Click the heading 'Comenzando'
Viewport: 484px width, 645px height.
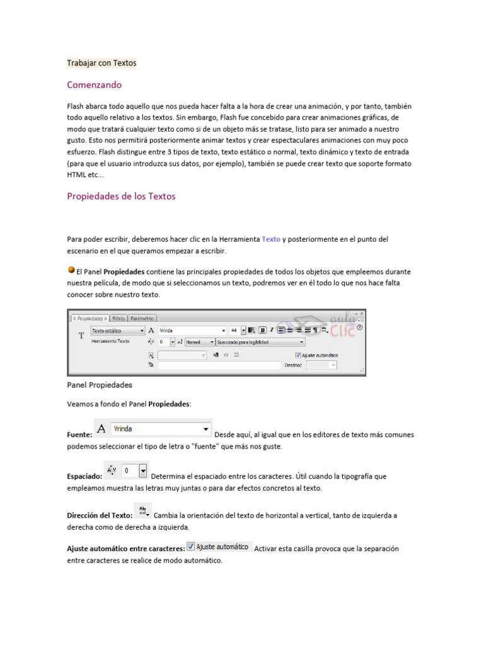pos(95,85)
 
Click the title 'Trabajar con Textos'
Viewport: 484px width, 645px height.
pos(101,63)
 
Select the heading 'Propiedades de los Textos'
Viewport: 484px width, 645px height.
pos(121,197)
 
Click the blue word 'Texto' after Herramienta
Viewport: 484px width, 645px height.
pos(271,239)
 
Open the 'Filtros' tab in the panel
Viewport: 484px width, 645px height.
pos(119,319)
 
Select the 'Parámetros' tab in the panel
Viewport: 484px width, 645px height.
pos(142,319)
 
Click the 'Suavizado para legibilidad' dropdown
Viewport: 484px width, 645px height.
pos(260,342)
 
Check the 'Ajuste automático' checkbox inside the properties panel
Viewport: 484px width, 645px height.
pos(298,355)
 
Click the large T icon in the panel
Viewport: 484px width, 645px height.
pos(81,336)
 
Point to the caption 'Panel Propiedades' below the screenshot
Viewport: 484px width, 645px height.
pos(100,385)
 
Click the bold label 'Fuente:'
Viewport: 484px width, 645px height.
pos(79,435)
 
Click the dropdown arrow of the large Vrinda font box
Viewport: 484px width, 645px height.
pos(206,430)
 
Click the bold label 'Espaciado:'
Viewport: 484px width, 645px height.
pos(84,477)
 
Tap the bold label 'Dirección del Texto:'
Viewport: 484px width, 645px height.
pos(100,516)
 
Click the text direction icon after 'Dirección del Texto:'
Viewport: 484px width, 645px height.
pos(143,511)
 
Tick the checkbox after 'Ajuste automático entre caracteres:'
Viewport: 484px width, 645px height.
pos(191,547)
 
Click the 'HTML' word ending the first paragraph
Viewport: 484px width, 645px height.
pos(76,174)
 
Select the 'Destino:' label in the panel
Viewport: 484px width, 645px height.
pos(294,365)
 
